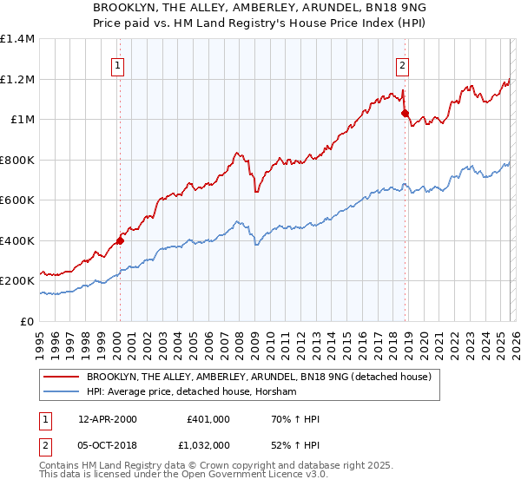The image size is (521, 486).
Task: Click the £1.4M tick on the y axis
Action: click(x=17, y=39)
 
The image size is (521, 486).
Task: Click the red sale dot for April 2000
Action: click(x=120, y=241)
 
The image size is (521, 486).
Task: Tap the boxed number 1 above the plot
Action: click(x=117, y=63)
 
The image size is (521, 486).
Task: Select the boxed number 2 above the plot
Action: click(x=403, y=63)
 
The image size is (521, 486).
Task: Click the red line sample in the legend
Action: click(x=62, y=377)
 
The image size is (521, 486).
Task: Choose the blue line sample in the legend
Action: click(x=62, y=392)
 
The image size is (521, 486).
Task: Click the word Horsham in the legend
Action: click(x=278, y=392)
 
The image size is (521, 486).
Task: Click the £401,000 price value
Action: click(x=208, y=419)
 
